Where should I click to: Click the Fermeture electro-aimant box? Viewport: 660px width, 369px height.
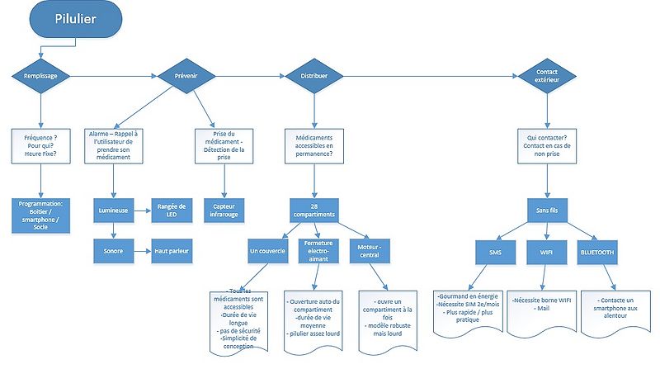(315, 249)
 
